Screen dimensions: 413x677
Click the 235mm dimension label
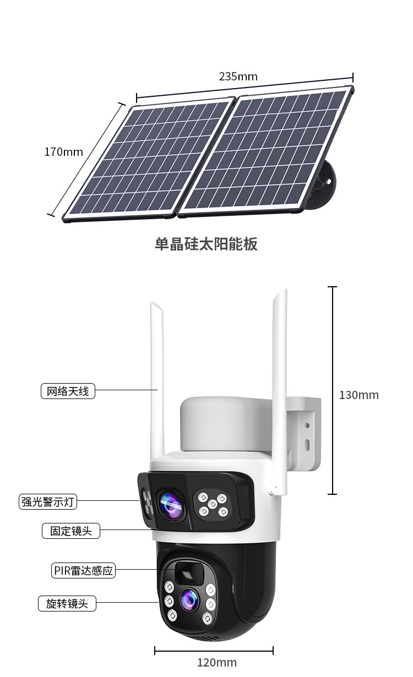(238, 77)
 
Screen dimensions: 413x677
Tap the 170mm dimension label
(64, 152)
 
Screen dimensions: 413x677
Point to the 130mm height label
(358, 395)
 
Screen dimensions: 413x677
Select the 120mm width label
(217, 662)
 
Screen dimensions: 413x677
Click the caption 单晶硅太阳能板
(206, 244)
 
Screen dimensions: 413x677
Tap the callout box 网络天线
(68, 391)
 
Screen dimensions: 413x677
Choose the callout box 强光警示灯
(48, 501)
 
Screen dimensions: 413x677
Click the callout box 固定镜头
(71, 531)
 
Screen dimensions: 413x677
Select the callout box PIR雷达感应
(84, 571)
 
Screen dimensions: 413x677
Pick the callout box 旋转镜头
(67, 603)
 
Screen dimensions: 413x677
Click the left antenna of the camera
(157, 380)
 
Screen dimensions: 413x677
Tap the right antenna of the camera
(279, 385)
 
